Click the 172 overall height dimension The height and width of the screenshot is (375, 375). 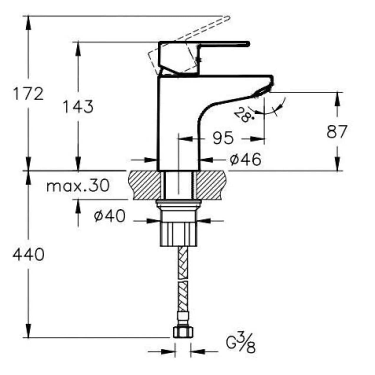(28, 93)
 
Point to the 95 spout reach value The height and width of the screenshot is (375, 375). (223, 138)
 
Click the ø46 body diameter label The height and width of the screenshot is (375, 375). (245, 159)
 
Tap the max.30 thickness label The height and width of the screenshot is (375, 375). (78, 186)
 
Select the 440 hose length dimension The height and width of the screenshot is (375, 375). (28, 255)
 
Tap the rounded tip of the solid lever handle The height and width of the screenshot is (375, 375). (248, 44)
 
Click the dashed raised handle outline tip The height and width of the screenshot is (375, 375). (228, 18)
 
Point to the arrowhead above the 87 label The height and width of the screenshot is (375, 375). (337, 100)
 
